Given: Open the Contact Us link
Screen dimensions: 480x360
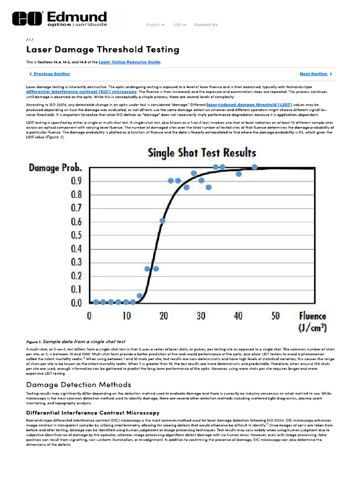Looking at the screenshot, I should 206,25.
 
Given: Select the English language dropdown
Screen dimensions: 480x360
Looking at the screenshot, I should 155,25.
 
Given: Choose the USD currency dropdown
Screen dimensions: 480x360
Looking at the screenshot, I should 179,25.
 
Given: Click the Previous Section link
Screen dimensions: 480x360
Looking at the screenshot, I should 50,74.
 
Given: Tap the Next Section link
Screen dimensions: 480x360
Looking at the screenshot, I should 315,74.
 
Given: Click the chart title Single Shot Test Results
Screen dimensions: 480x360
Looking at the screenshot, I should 202,152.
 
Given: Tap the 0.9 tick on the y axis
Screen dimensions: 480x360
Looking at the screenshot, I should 76,180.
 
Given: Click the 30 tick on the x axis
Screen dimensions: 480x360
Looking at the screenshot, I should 201,316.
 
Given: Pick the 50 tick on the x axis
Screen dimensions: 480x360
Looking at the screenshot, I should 275,316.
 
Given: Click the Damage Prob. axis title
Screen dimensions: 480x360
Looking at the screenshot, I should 56,167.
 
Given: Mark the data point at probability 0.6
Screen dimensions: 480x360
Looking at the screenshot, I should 162,220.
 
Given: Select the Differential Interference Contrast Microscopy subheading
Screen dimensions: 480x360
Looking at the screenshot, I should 93,412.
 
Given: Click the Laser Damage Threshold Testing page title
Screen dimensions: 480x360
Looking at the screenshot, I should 102,49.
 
